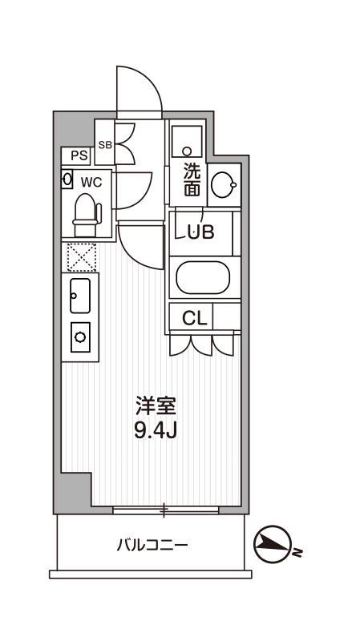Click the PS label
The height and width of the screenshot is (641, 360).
[79, 155]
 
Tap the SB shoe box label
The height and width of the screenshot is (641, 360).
[105, 145]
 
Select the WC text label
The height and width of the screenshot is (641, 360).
[91, 183]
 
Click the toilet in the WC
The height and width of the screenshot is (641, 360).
[86, 215]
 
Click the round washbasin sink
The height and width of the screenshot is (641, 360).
[224, 185]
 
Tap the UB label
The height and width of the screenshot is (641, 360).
[201, 232]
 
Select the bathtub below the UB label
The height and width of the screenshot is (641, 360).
[203, 277]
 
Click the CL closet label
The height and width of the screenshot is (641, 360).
[195, 317]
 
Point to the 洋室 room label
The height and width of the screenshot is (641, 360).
[156, 405]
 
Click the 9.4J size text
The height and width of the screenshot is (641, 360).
[156, 430]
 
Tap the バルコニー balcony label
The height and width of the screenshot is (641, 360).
[152, 545]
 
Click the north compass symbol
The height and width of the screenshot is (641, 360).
[272, 544]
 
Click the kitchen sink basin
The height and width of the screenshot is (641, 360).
[79, 296]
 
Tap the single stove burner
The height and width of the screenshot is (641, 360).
[80, 337]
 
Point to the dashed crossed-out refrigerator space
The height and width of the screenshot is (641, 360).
[82, 257]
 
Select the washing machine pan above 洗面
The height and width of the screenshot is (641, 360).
[187, 142]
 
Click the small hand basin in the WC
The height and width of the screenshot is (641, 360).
[67, 179]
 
